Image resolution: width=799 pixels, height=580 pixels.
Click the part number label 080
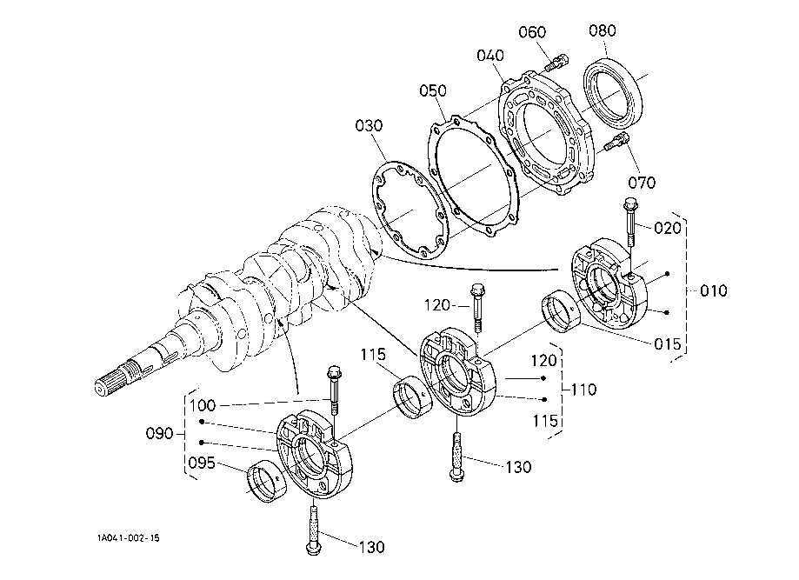[x=603, y=30]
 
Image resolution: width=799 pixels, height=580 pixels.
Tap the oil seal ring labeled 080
[x=612, y=92]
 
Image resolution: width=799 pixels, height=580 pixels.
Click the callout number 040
[x=490, y=55]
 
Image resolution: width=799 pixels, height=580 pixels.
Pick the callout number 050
[x=433, y=90]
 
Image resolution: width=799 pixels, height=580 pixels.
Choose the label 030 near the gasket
[x=369, y=125]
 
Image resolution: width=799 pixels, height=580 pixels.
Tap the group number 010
[x=714, y=290]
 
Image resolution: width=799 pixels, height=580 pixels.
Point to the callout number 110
[x=583, y=390]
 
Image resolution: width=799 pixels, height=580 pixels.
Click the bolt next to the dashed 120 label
[x=478, y=308]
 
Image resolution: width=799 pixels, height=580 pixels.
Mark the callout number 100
[x=203, y=406]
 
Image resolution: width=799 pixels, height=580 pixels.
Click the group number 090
[x=159, y=434]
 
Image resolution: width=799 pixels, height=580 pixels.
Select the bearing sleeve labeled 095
[x=266, y=481]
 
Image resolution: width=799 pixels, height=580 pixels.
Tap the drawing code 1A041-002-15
[x=129, y=538]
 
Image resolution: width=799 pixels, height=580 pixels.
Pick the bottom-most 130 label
[x=371, y=547]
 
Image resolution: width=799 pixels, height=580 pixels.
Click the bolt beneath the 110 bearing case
[x=456, y=457]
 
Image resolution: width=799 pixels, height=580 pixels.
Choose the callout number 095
[x=202, y=463]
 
